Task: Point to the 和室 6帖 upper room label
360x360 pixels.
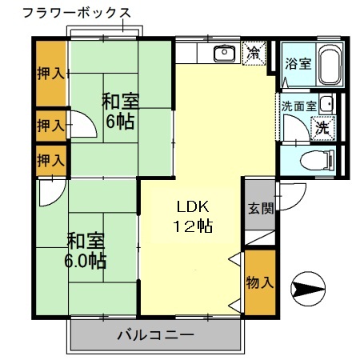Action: tap(121, 112)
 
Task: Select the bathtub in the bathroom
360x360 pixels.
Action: tap(328, 65)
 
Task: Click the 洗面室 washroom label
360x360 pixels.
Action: tap(298, 105)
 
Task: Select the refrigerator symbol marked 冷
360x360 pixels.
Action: tap(254, 54)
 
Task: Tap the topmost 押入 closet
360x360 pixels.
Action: tap(50, 74)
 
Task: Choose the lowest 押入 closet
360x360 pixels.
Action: tap(50, 160)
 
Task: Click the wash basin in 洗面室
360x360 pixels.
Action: tap(325, 104)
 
